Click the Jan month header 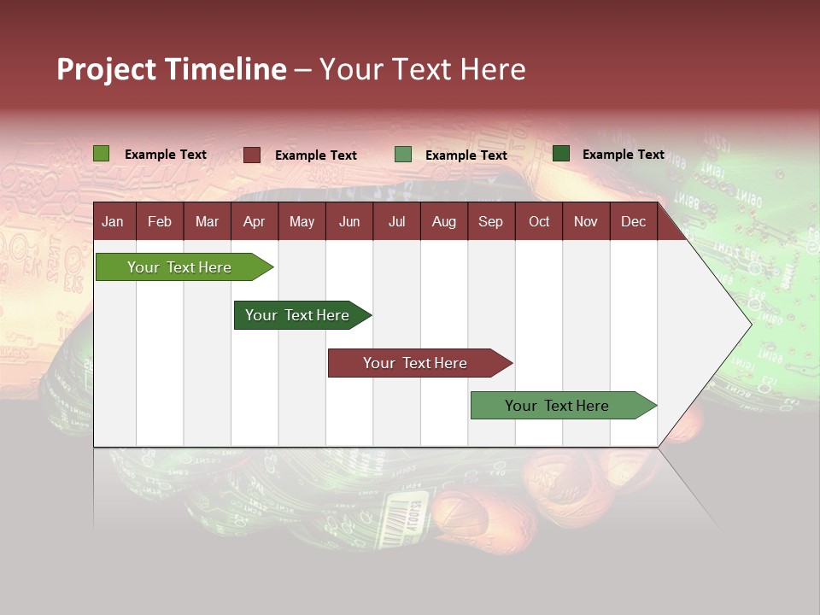(x=113, y=221)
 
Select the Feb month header (x=160, y=221)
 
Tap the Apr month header (x=254, y=221)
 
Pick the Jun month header (x=349, y=221)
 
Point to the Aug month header (x=443, y=221)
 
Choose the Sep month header (x=490, y=221)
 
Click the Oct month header (x=539, y=221)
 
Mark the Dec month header (x=633, y=221)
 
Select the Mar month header (x=207, y=221)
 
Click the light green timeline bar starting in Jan (x=179, y=267)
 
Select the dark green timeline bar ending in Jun (x=297, y=315)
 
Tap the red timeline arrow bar (x=415, y=363)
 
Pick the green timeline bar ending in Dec (x=557, y=406)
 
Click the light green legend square (x=102, y=154)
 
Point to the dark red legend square (x=252, y=155)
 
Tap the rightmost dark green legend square (x=561, y=154)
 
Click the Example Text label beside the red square (x=316, y=155)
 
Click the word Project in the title (x=107, y=69)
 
